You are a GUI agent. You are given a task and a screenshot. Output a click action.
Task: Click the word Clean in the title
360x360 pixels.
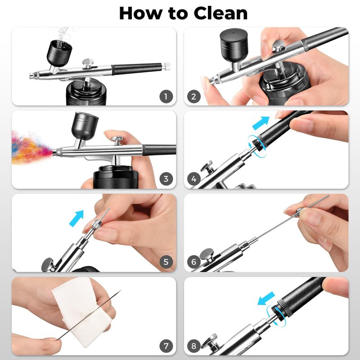pyautogui.click(x=220, y=13)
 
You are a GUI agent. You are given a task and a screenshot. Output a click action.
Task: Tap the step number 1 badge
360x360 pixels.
pyautogui.click(x=166, y=97)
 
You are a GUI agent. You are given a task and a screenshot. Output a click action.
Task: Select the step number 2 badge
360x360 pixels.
pyautogui.click(x=194, y=97)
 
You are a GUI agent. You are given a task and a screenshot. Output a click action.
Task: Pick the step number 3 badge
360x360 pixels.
pyautogui.click(x=166, y=179)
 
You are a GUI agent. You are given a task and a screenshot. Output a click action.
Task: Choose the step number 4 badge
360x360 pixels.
pyautogui.click(x=194, y=179)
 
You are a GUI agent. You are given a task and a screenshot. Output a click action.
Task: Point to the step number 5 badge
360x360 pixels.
pyautogui.click(x=166, y=262)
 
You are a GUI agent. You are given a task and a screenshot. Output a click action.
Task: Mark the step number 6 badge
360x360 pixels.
pyautogui.click(x=194, y=262)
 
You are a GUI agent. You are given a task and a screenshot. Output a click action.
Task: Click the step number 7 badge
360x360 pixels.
pyautogui.click(x=166, y=346)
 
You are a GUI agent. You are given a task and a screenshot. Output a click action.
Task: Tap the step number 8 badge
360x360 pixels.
pyautogui.click(x=194, y=346)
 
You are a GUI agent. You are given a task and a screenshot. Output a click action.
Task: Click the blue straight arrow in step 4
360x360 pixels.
pyautogui.click(x=261, y=123)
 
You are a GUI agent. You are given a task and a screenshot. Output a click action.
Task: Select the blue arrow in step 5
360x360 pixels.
pyautogui.click(x=76, y=218)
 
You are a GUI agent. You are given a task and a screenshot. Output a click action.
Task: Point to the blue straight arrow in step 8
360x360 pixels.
pyautogui.click(x=266, y=298)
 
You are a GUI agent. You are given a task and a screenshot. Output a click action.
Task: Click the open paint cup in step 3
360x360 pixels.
pyautogui.click(x=85, y=126)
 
